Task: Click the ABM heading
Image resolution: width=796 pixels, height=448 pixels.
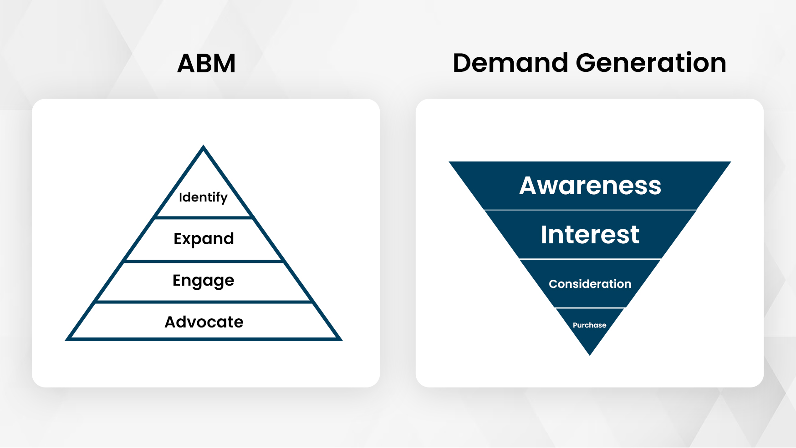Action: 206,63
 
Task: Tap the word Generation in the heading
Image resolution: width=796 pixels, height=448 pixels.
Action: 651,63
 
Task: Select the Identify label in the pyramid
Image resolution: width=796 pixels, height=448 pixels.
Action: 203,197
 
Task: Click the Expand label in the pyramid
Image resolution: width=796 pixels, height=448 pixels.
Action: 204,239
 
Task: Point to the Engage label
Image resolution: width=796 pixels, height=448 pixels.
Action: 203,281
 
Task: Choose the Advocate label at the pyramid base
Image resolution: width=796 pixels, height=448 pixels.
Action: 204,322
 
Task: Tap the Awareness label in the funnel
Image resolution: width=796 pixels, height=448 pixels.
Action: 590,186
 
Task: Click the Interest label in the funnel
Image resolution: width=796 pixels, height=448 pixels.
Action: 590,235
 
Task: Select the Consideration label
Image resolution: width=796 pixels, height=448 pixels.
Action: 590,284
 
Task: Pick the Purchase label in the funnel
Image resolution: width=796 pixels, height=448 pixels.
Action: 590,325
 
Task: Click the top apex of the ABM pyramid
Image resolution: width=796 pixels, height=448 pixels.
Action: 204,146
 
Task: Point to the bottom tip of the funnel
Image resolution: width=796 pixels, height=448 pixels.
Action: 590,355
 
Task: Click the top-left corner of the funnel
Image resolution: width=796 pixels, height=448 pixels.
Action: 449,162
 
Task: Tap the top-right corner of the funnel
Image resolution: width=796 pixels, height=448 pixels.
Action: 730,162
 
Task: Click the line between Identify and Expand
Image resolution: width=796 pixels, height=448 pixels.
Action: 204,218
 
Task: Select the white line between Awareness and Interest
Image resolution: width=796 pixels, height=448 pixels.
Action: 590,210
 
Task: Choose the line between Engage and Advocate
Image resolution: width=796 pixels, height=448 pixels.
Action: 204,302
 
